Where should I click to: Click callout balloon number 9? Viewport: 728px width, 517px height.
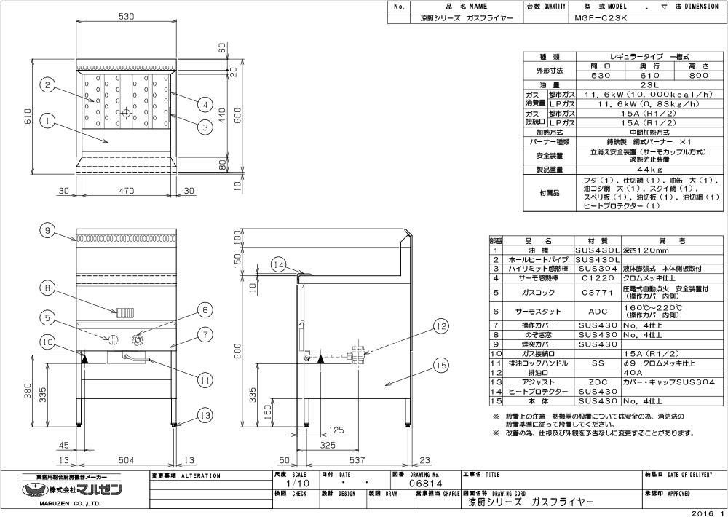click(47, 231)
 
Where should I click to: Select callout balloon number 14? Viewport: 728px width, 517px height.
click(277, 265)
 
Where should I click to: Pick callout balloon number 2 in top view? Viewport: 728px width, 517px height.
click(47, 86)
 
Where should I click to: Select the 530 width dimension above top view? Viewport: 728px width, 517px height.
click(126, 15)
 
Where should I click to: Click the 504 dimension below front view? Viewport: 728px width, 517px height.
click(126, 459)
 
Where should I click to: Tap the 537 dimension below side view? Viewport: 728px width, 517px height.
click(356, 459)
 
